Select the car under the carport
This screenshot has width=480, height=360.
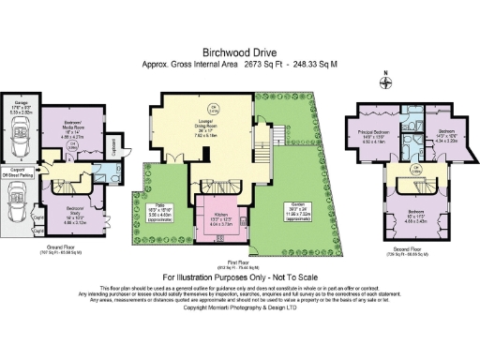20,199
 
